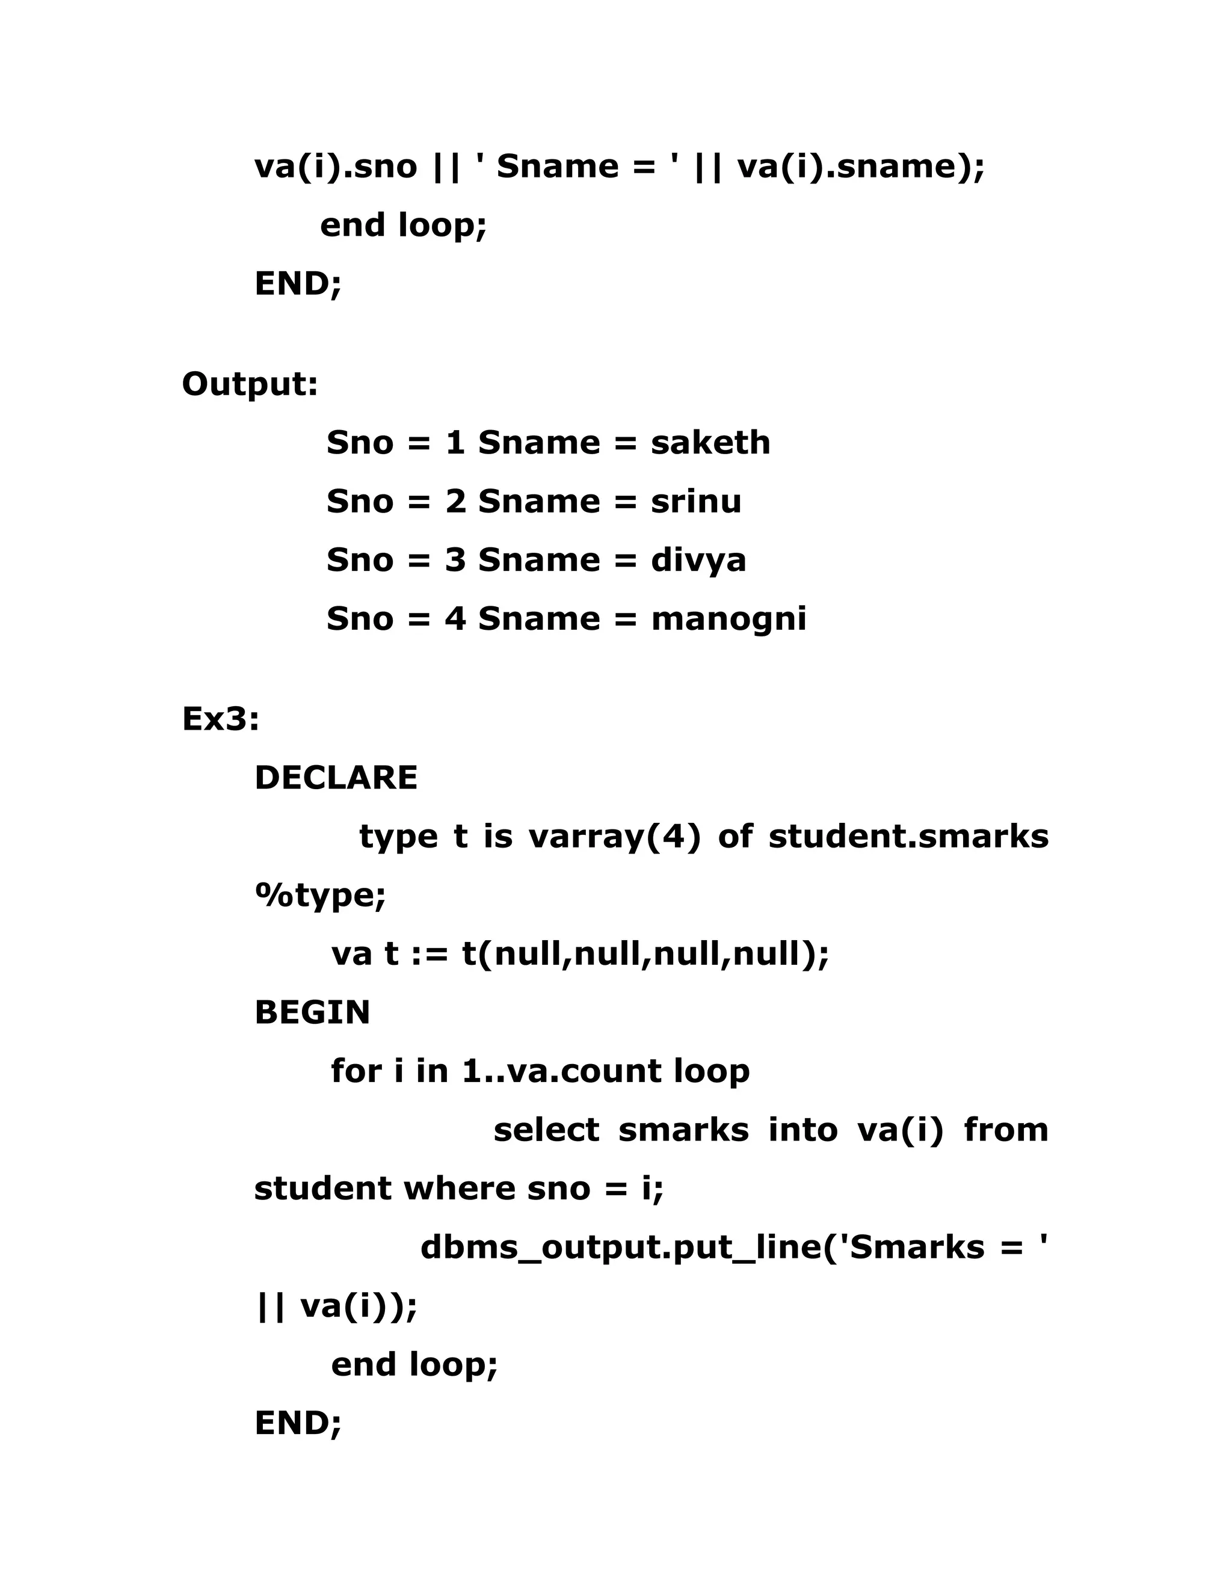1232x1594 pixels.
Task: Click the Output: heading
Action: pos(250,384)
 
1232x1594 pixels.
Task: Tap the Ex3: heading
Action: pos(220,719)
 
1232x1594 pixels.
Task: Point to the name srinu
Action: pos(695,502)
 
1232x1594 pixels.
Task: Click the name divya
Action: pos(698,560)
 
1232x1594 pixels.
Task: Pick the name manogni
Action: pos(728,619)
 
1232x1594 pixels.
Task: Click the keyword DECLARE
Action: pos(336,778)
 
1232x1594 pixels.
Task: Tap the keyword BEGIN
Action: pos(312,1012)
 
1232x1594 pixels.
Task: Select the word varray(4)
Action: pos(615,837)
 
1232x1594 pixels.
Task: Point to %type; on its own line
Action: pos(321,896)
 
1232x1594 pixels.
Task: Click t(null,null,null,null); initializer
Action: pos(646,954)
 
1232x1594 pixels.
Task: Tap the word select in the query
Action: pos(546,1130)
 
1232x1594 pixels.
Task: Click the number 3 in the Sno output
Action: pos(455,560)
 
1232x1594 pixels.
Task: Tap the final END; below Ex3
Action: pos(298,1423)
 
